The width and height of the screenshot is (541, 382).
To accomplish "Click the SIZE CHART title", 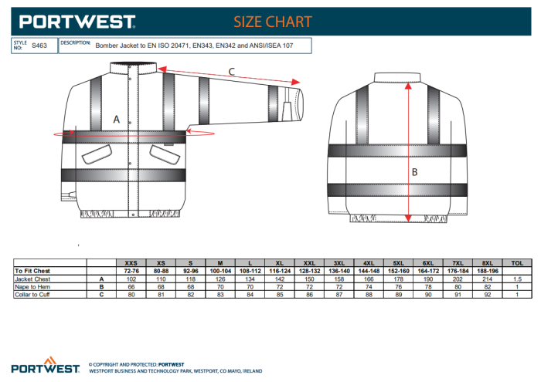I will pos(273,21).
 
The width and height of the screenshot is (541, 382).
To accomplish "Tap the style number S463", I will pos(39,46).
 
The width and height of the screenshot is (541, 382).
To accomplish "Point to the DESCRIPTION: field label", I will pos(76,43).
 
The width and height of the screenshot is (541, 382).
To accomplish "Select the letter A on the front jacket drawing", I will pos(116,120).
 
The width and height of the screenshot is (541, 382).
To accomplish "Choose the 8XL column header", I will pos(487,263).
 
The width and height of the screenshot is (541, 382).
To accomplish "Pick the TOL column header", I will pos(517,263).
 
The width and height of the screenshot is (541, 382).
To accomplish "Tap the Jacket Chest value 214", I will pos(487,279).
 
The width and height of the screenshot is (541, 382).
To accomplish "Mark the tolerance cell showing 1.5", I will pos(517,279).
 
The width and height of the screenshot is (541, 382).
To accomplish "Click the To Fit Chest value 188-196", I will pos(487,271).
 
